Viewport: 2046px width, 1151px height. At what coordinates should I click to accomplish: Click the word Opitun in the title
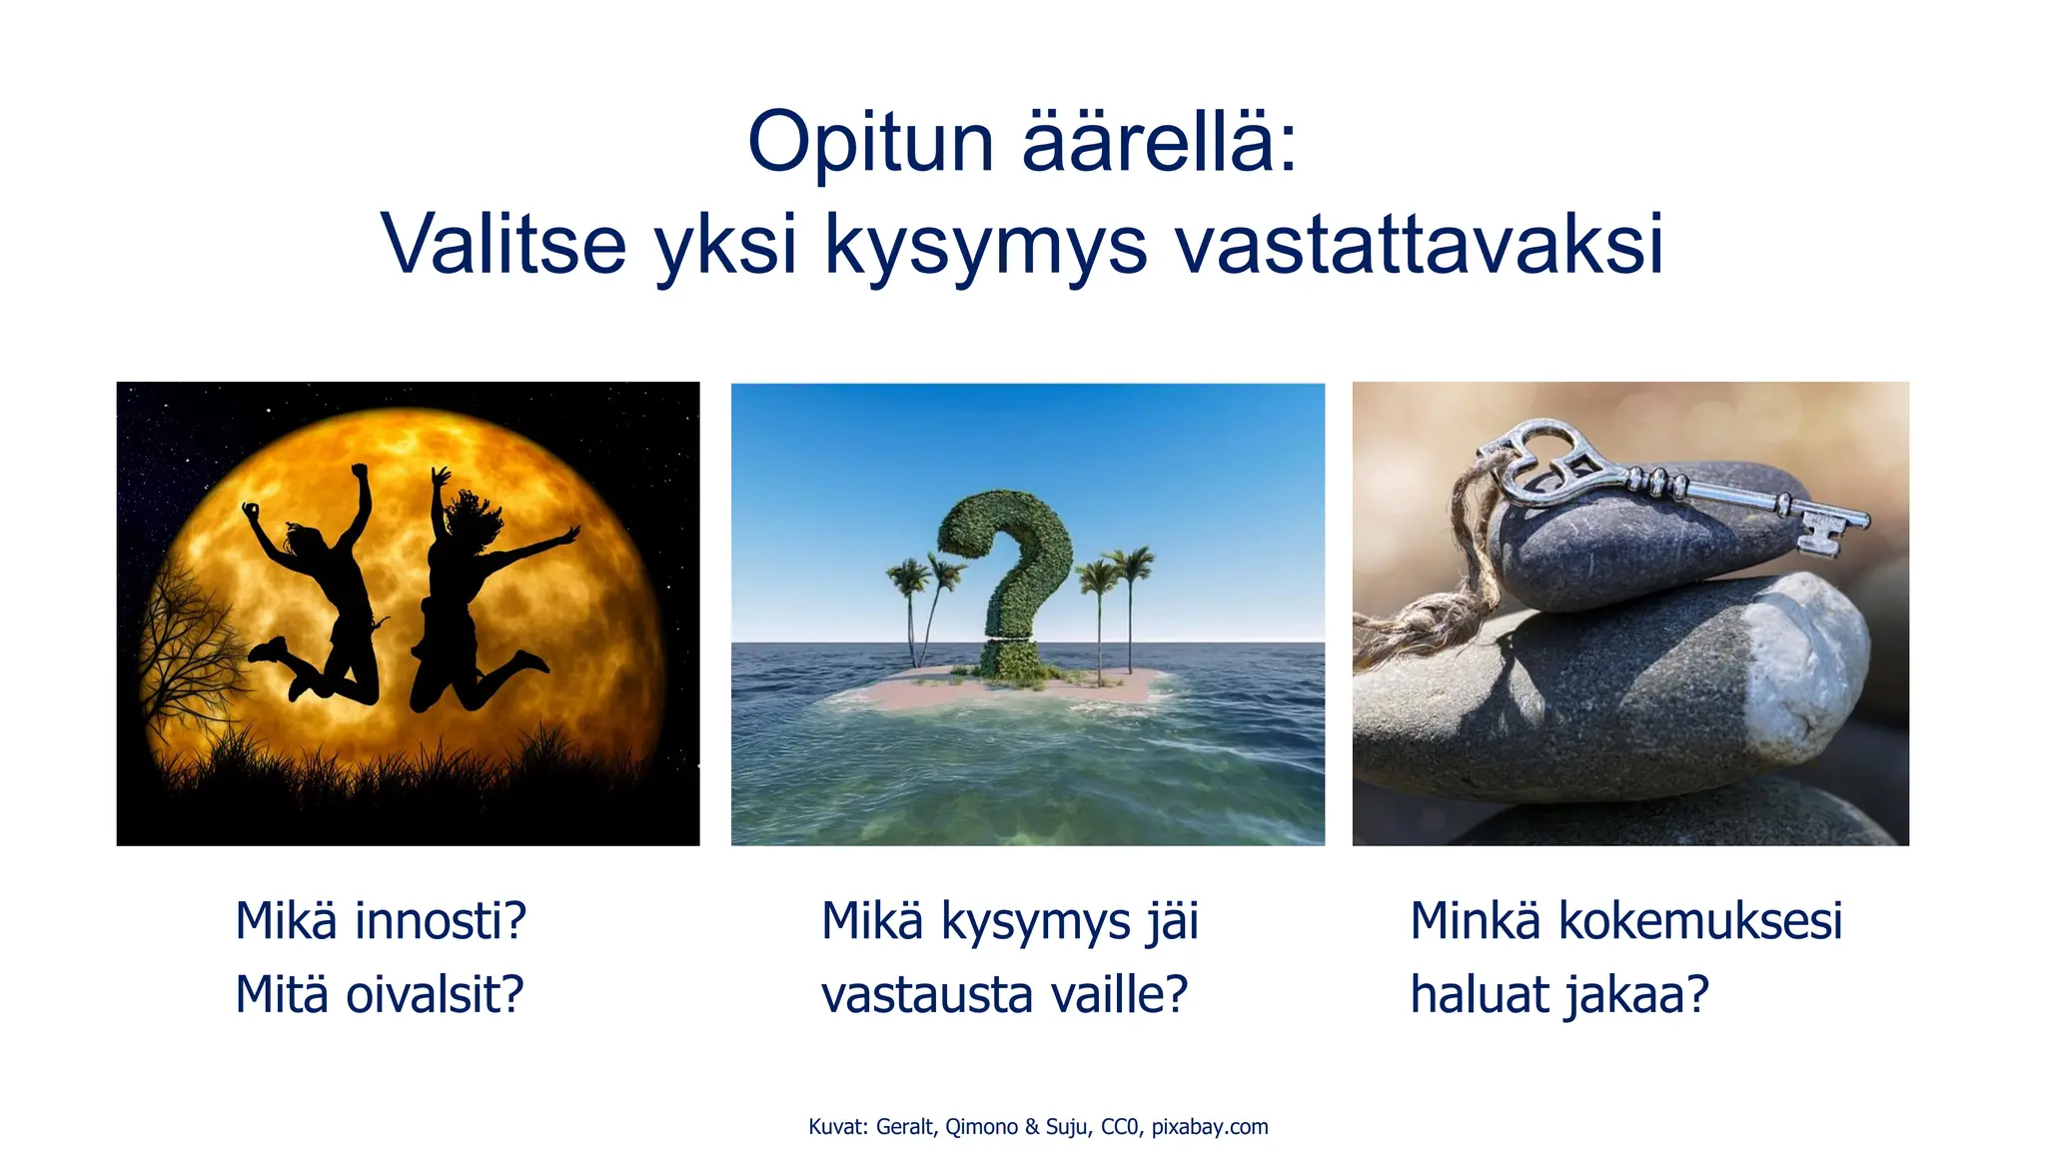(x=869, y=143)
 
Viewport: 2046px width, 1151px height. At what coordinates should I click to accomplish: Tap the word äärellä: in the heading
(x=1159, y=143)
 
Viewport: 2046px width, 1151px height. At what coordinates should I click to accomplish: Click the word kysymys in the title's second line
(x=985, y=246)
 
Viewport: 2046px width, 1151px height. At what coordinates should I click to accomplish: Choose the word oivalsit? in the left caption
(x=435, y=995)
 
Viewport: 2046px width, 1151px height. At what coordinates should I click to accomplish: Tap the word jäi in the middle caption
(x=1171, y=922)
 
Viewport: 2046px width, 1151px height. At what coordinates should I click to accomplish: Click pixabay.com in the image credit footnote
(x=1209, y=1127)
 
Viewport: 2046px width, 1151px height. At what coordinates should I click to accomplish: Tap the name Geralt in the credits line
(x=905, y=1127)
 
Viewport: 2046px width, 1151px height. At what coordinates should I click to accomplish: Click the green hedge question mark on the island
(x=1009, y=570)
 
